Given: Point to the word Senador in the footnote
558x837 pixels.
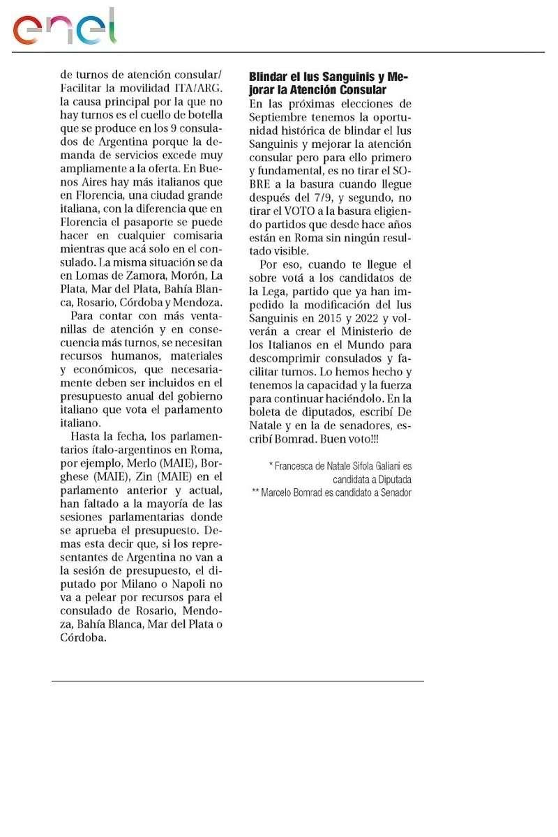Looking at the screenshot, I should [x=395, y=492].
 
